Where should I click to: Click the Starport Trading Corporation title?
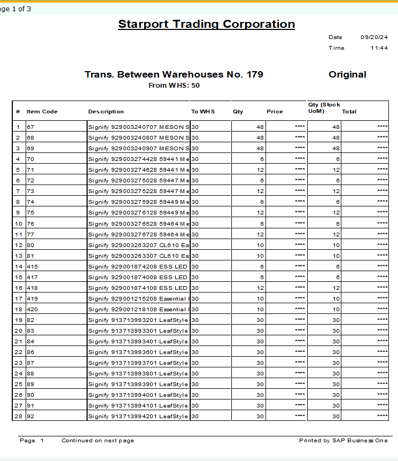coord(206,24)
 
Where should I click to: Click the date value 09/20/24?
coord(374,37)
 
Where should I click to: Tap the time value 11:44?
coord(379,48)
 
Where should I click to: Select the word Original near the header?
coord(347,75)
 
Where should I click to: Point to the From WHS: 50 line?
coord(174,86)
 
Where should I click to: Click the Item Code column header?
coord(42,112)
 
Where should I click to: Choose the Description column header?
coord(106,112)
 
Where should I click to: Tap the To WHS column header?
coord(203,112)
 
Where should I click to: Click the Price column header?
coord(275,112)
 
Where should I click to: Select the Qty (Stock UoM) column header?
coord(324,108)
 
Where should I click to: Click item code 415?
coord(33,266)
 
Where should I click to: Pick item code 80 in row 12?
coord(30,245)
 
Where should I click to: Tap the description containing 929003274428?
coord(138,159)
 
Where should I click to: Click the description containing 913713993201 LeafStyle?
coord(138,320)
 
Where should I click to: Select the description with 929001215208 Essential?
coord(138,298)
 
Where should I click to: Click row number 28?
coord(19,416)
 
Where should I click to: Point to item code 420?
coord(33,309)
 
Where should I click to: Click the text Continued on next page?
coord(98,441)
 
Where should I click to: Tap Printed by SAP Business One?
coord(344,441)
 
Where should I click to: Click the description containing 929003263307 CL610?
coord(138,256)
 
